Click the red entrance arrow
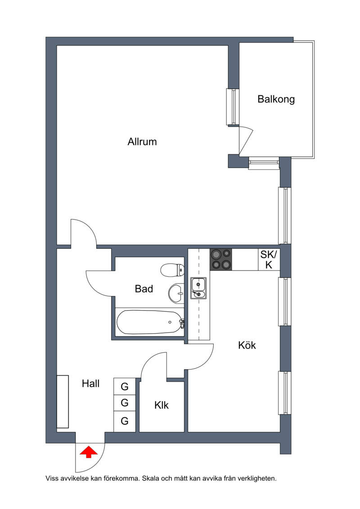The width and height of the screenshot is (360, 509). (x=89, y=452)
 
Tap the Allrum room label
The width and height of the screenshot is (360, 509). (x=142, y=141)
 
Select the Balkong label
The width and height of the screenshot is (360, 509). (x=276, y=99)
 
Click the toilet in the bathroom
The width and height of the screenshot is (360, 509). (x=173, y=270)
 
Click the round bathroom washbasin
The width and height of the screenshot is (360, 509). (x=176, y=293)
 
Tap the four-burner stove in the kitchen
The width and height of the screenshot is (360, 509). (x=221, y=259)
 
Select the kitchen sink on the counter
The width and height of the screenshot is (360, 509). (x=198, y=288)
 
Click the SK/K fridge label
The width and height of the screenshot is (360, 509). (x=269, y=260)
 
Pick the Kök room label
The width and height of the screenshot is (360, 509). (x=247, y=345)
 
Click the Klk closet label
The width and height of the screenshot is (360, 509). (x=162, y=405)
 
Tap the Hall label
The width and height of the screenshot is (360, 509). (x=90, y=383)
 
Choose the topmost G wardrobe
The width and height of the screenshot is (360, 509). (x=125, y=386)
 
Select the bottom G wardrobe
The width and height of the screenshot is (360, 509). (x=125, y=421)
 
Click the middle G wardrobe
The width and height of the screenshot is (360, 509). (x=125, y=403)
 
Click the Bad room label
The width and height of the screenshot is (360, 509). (x=144, y=288)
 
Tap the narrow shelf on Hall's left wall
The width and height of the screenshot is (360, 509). (x=63, y=402)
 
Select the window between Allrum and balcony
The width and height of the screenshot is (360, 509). (x=233, y=107)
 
